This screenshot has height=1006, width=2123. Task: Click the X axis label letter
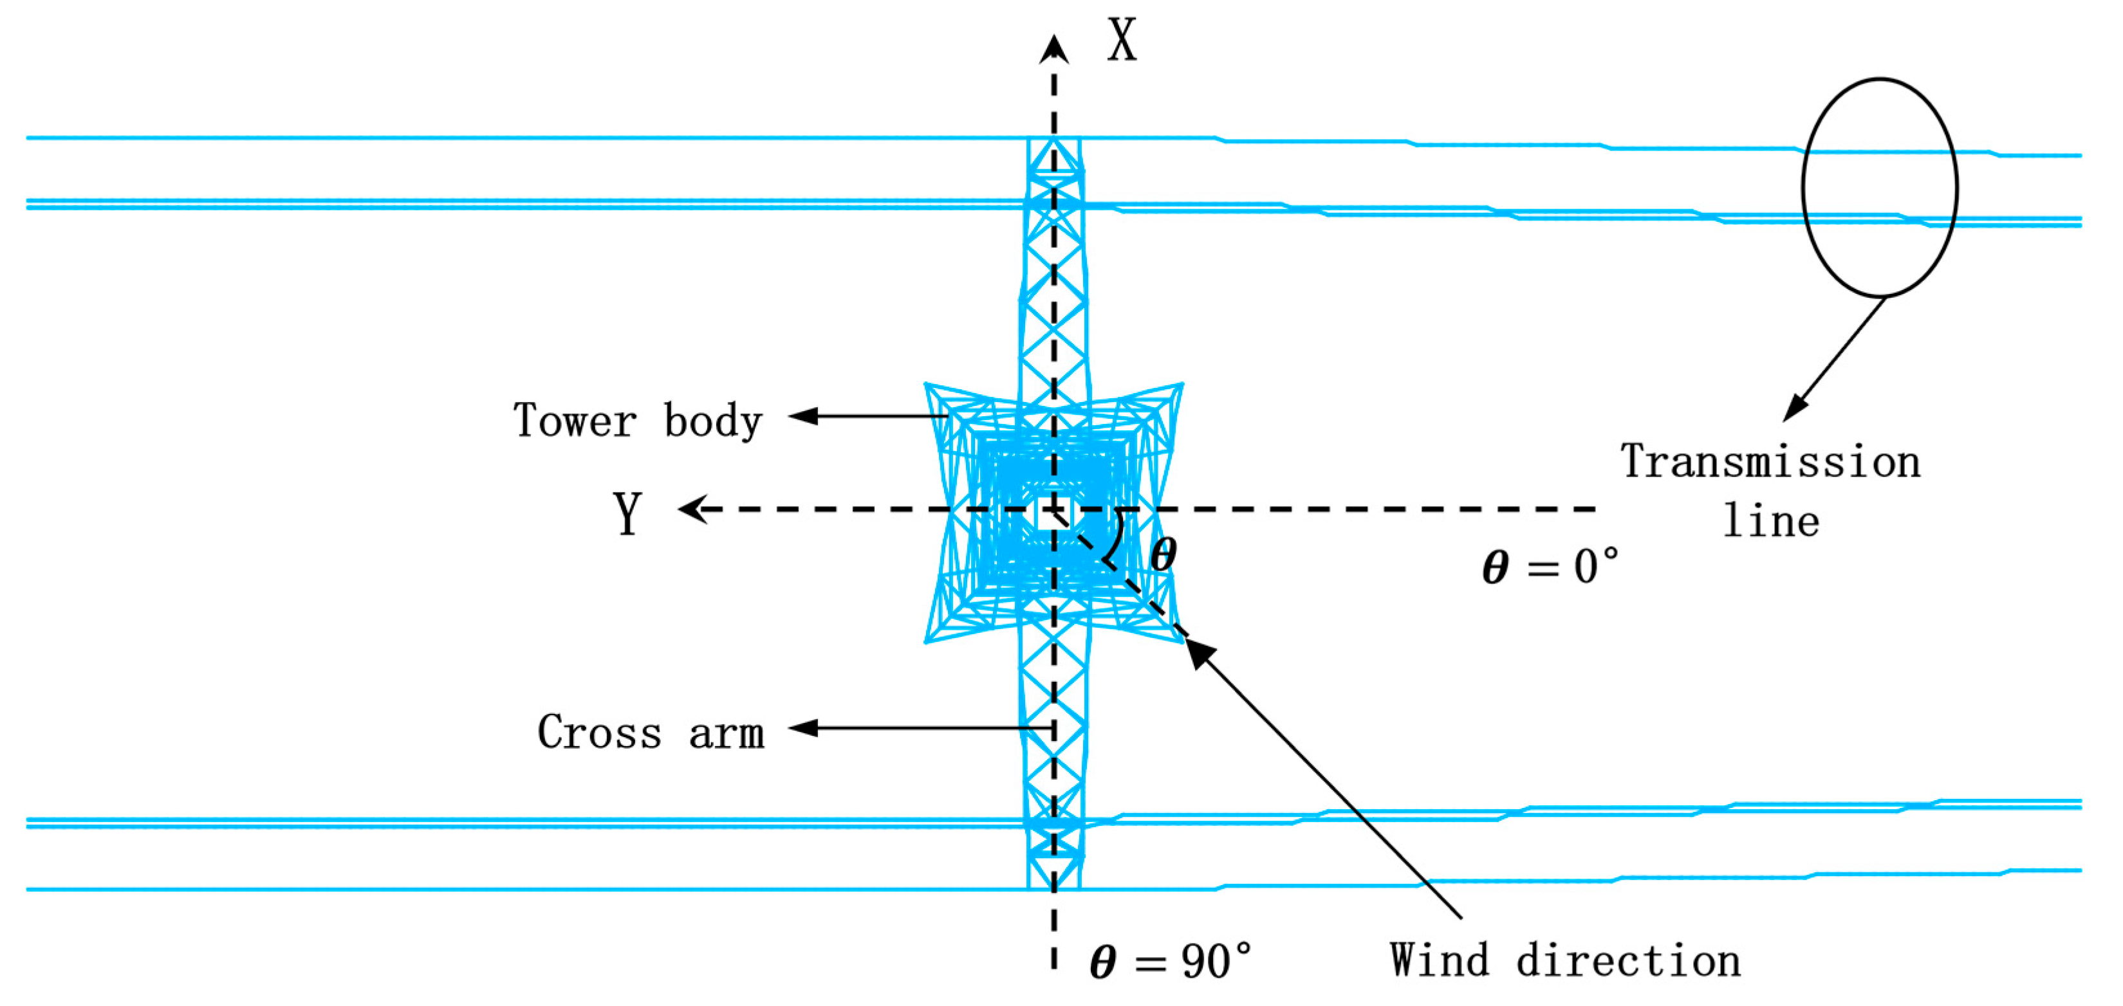pos(1122,41)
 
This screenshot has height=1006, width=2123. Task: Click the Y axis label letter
pos(628,513)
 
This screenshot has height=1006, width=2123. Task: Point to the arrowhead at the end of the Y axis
pos(692,509)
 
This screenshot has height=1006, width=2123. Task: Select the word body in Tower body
pos(714,421)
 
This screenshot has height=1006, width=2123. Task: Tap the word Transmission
pos(1770,461)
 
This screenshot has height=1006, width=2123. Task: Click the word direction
pos(1629,960)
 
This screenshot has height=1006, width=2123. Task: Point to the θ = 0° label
pos(1550,567)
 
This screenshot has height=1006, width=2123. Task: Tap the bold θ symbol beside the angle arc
pos(1163,554)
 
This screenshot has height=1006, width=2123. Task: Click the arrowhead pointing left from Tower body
pos(804,416)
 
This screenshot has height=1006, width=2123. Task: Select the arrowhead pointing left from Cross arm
pos(804,727)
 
